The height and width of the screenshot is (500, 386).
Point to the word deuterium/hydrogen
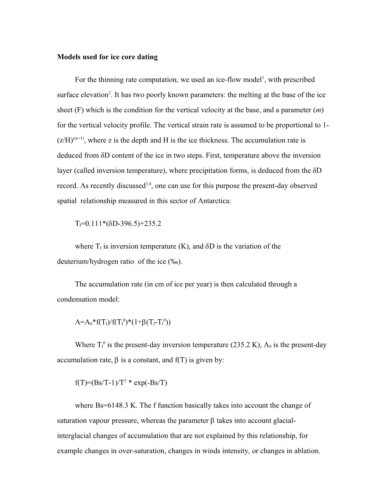pyautogui.click(x=89, y=262)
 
